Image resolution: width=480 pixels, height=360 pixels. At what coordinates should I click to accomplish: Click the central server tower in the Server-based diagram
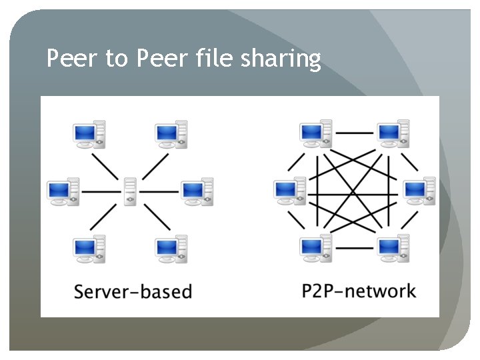point(129,192)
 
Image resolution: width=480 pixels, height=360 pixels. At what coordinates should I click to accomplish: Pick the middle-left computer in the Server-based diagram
point(63,191)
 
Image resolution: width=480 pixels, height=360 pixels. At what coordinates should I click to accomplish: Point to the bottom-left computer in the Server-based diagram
point(89,249)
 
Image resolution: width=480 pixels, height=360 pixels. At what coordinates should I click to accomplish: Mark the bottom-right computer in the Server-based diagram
point(171,249)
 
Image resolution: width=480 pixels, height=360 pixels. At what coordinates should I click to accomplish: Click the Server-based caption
point(133,291)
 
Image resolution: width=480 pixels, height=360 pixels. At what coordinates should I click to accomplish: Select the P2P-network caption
point(358,291)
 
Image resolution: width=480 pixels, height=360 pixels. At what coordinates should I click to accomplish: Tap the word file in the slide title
point(213,59)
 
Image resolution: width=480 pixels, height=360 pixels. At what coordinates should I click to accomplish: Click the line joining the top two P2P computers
point(354,133)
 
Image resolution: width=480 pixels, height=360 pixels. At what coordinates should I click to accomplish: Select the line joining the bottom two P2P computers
point(354,247)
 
